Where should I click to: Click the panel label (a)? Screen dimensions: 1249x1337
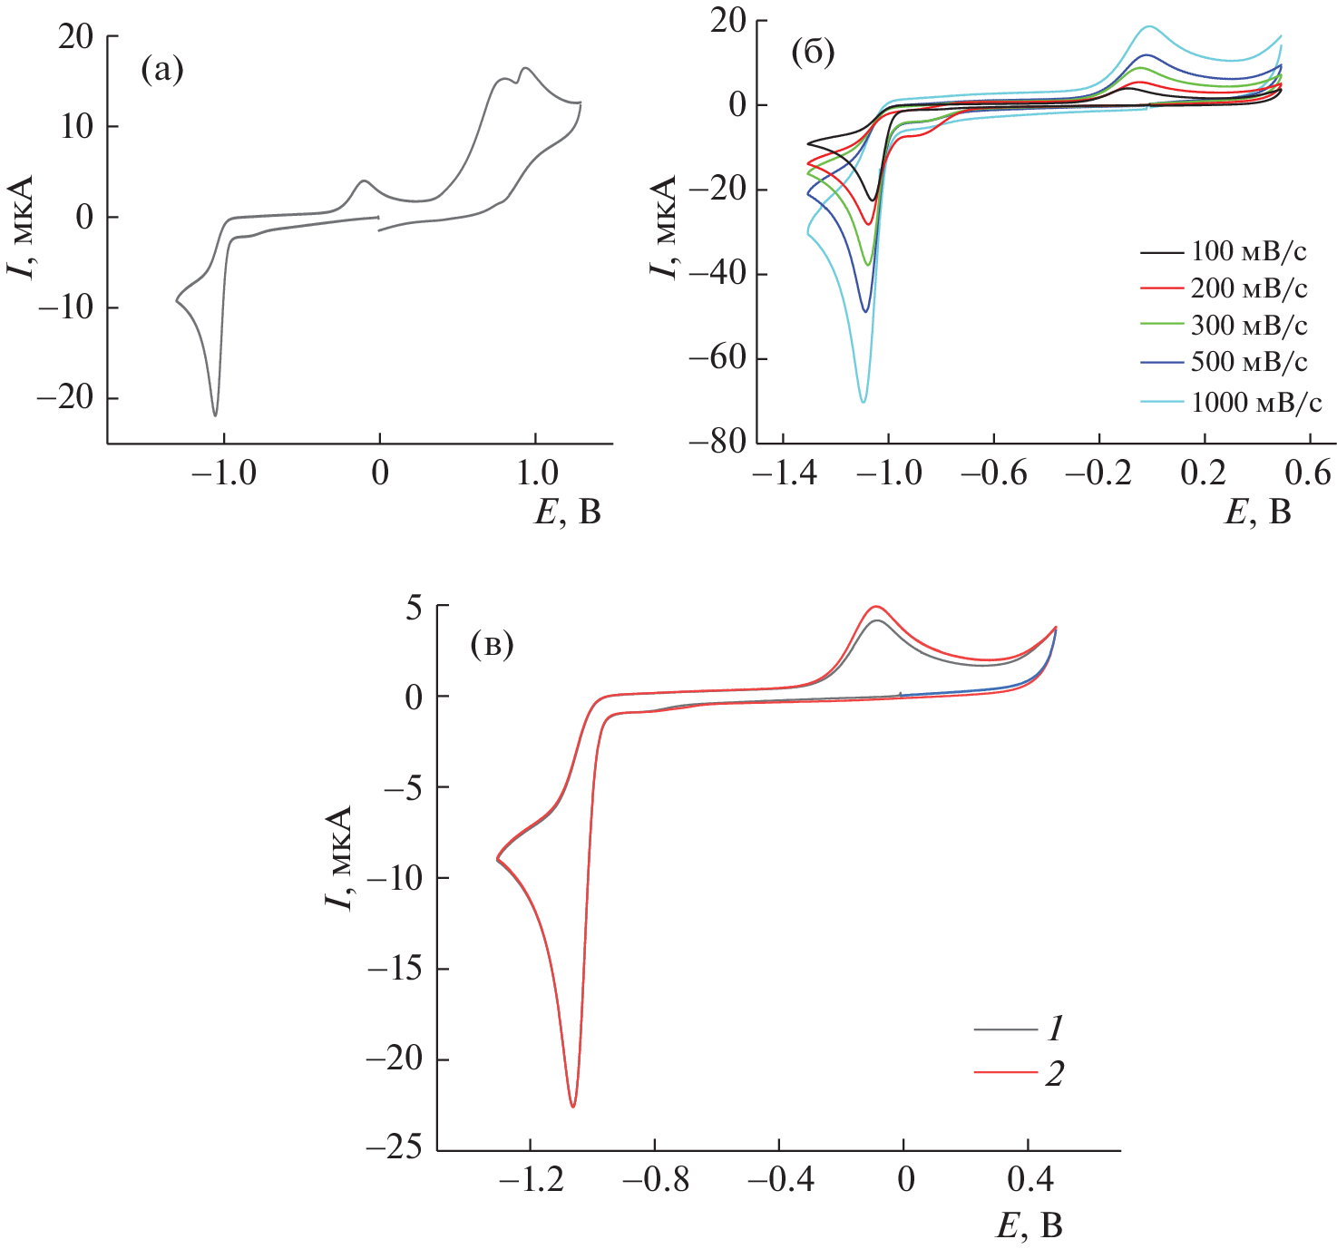click(x=162, y=70)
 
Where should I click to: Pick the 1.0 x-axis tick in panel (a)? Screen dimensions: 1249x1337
click(x=537, y=473)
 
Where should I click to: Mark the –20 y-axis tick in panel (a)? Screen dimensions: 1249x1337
click(x=65, y=398)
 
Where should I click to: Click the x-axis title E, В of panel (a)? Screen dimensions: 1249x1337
click(x=568, y=512)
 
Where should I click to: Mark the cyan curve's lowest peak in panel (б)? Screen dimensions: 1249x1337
click(x=863, y=401)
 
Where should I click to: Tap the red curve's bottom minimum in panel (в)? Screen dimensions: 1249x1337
click(x=572, y=1106)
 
